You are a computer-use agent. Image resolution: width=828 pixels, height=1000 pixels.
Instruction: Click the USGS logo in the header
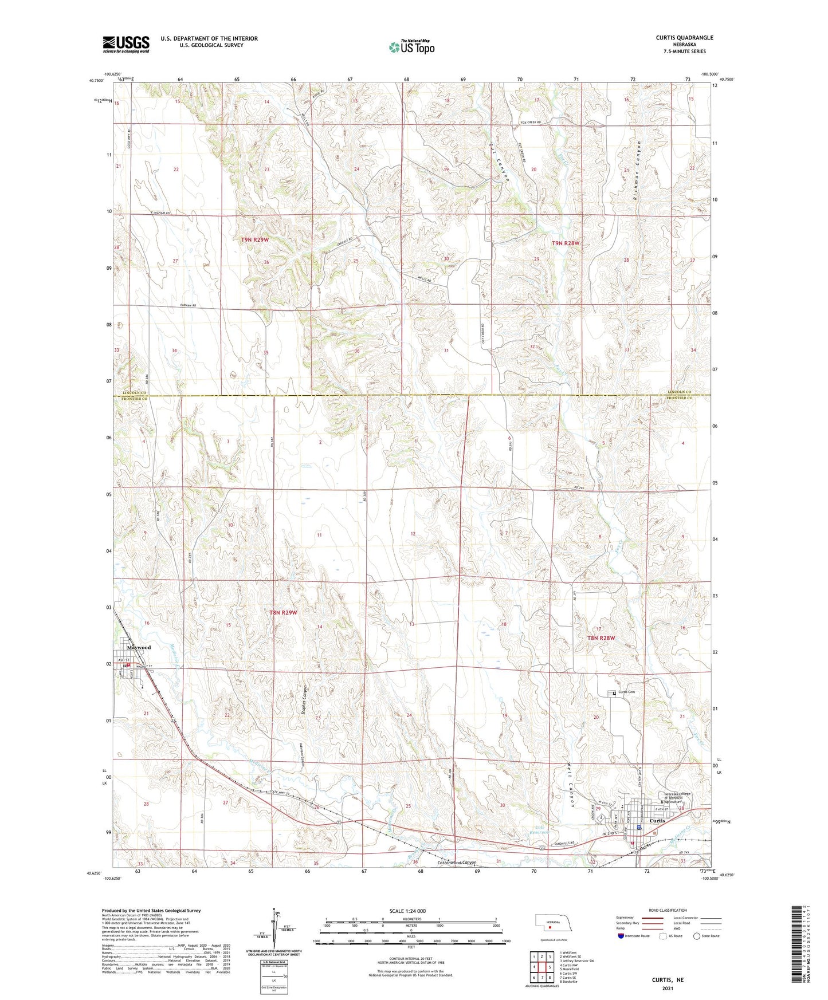[x=126, y=44]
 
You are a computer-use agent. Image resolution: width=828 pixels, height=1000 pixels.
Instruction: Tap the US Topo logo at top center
[x=411, y=47]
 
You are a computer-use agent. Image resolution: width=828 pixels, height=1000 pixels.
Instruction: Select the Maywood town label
[x=139, y=647]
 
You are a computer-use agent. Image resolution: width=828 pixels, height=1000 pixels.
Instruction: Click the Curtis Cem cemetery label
[x=626, y=692]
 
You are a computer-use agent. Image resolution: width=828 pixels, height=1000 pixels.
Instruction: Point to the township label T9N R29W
[x=254, y=240]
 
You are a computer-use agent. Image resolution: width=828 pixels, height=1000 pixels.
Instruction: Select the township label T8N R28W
[x=601, y=637]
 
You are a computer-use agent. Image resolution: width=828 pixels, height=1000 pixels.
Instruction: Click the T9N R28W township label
[x=566, y=243]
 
